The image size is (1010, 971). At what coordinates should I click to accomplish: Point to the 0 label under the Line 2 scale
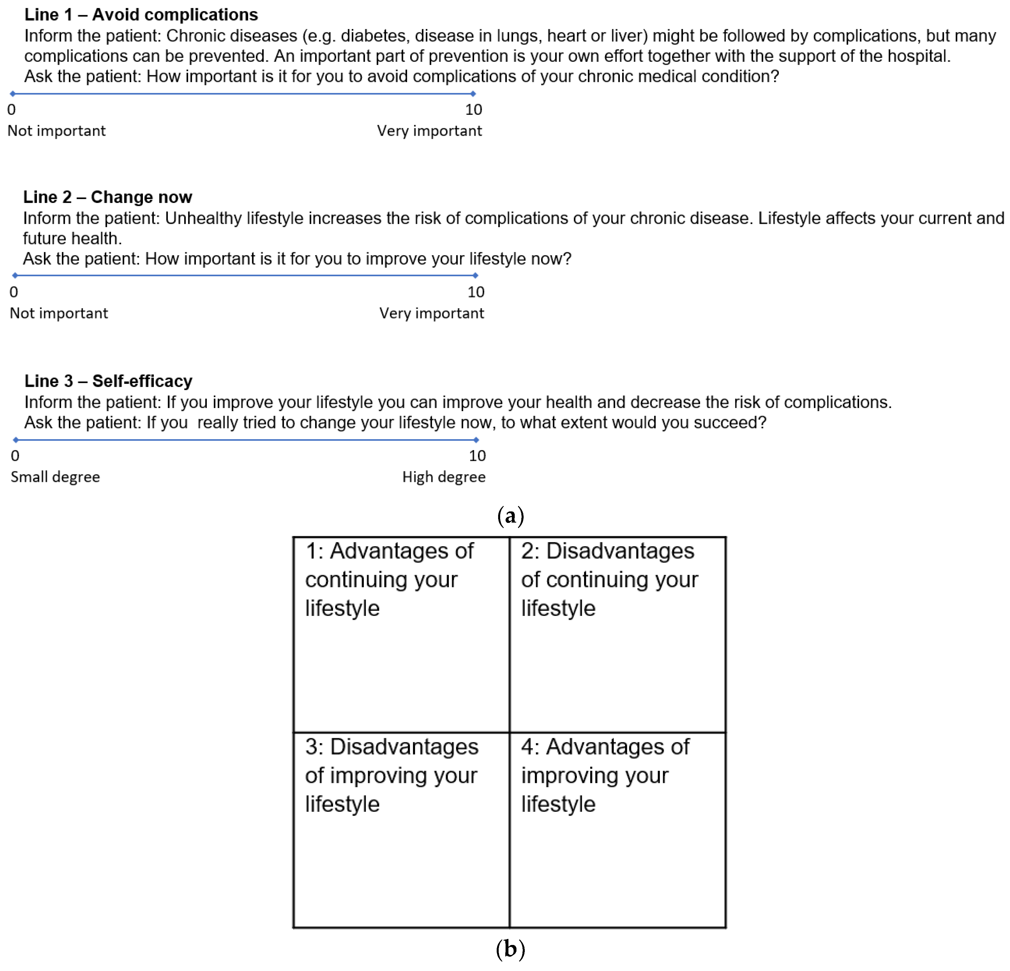(x=14, y=292)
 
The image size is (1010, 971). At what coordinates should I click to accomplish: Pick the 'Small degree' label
(x=55, y=477)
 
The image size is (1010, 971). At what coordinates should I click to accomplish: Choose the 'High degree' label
(x=444, y=477)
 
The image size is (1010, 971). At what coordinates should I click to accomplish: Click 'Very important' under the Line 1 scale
(x=429, y=131)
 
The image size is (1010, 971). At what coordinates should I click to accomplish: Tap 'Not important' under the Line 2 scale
(x=59, y=313)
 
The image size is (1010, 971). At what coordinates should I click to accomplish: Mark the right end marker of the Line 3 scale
(x=476, y=440)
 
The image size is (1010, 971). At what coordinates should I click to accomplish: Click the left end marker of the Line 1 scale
(x=12, y=94)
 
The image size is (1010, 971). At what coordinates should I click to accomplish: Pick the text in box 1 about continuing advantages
(x=389, y=580)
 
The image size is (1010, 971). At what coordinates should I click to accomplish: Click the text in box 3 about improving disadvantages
(x=392, y=775)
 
